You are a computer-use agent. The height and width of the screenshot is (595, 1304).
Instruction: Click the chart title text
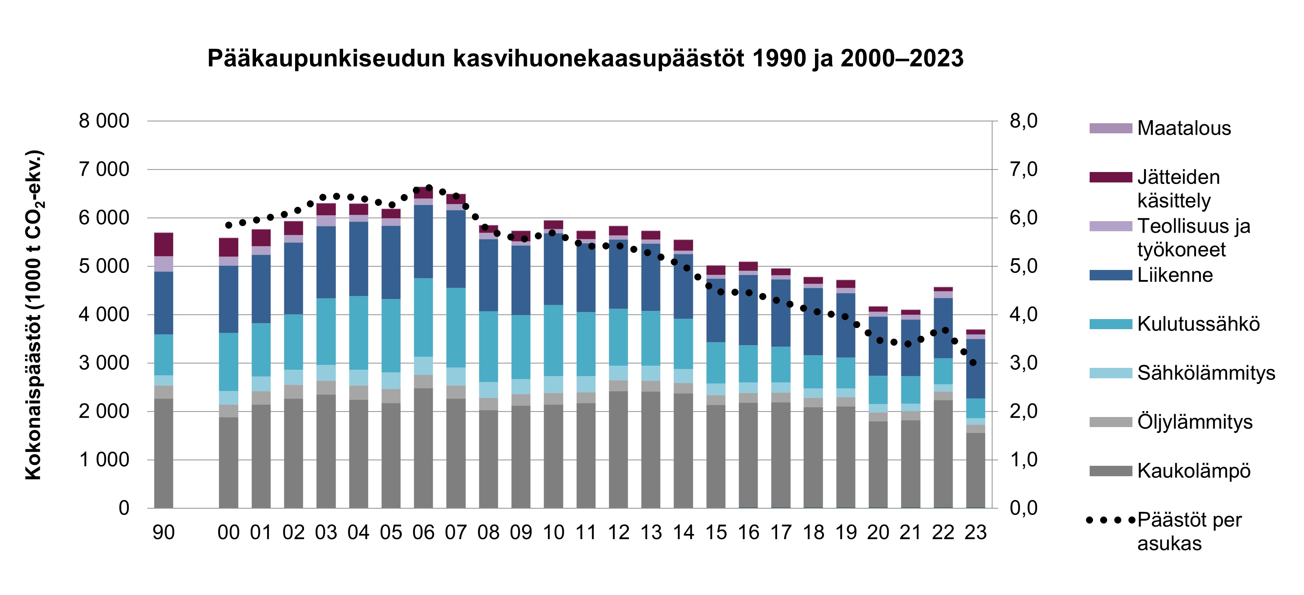585,59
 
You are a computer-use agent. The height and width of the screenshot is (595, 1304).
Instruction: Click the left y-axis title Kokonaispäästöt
34,315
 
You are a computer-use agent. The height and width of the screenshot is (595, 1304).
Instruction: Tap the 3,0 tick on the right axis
1023,363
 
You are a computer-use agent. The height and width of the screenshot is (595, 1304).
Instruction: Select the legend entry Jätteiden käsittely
1179,189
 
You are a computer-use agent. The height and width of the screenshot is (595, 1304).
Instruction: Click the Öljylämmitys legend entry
1195,422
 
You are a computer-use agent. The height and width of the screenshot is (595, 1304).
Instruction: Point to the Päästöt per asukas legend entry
1189,531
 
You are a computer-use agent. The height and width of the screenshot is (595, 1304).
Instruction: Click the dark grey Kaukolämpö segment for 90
163,453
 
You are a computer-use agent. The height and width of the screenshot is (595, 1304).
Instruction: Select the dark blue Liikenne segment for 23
975,369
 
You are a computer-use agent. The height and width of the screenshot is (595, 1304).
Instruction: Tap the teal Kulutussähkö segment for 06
423,318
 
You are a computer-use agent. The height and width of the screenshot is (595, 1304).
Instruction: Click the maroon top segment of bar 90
163,245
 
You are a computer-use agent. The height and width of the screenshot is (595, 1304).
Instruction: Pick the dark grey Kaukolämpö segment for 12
618,450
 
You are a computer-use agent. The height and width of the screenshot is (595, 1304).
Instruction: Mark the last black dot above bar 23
972,363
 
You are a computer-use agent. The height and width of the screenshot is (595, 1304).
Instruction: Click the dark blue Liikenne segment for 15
716,311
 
